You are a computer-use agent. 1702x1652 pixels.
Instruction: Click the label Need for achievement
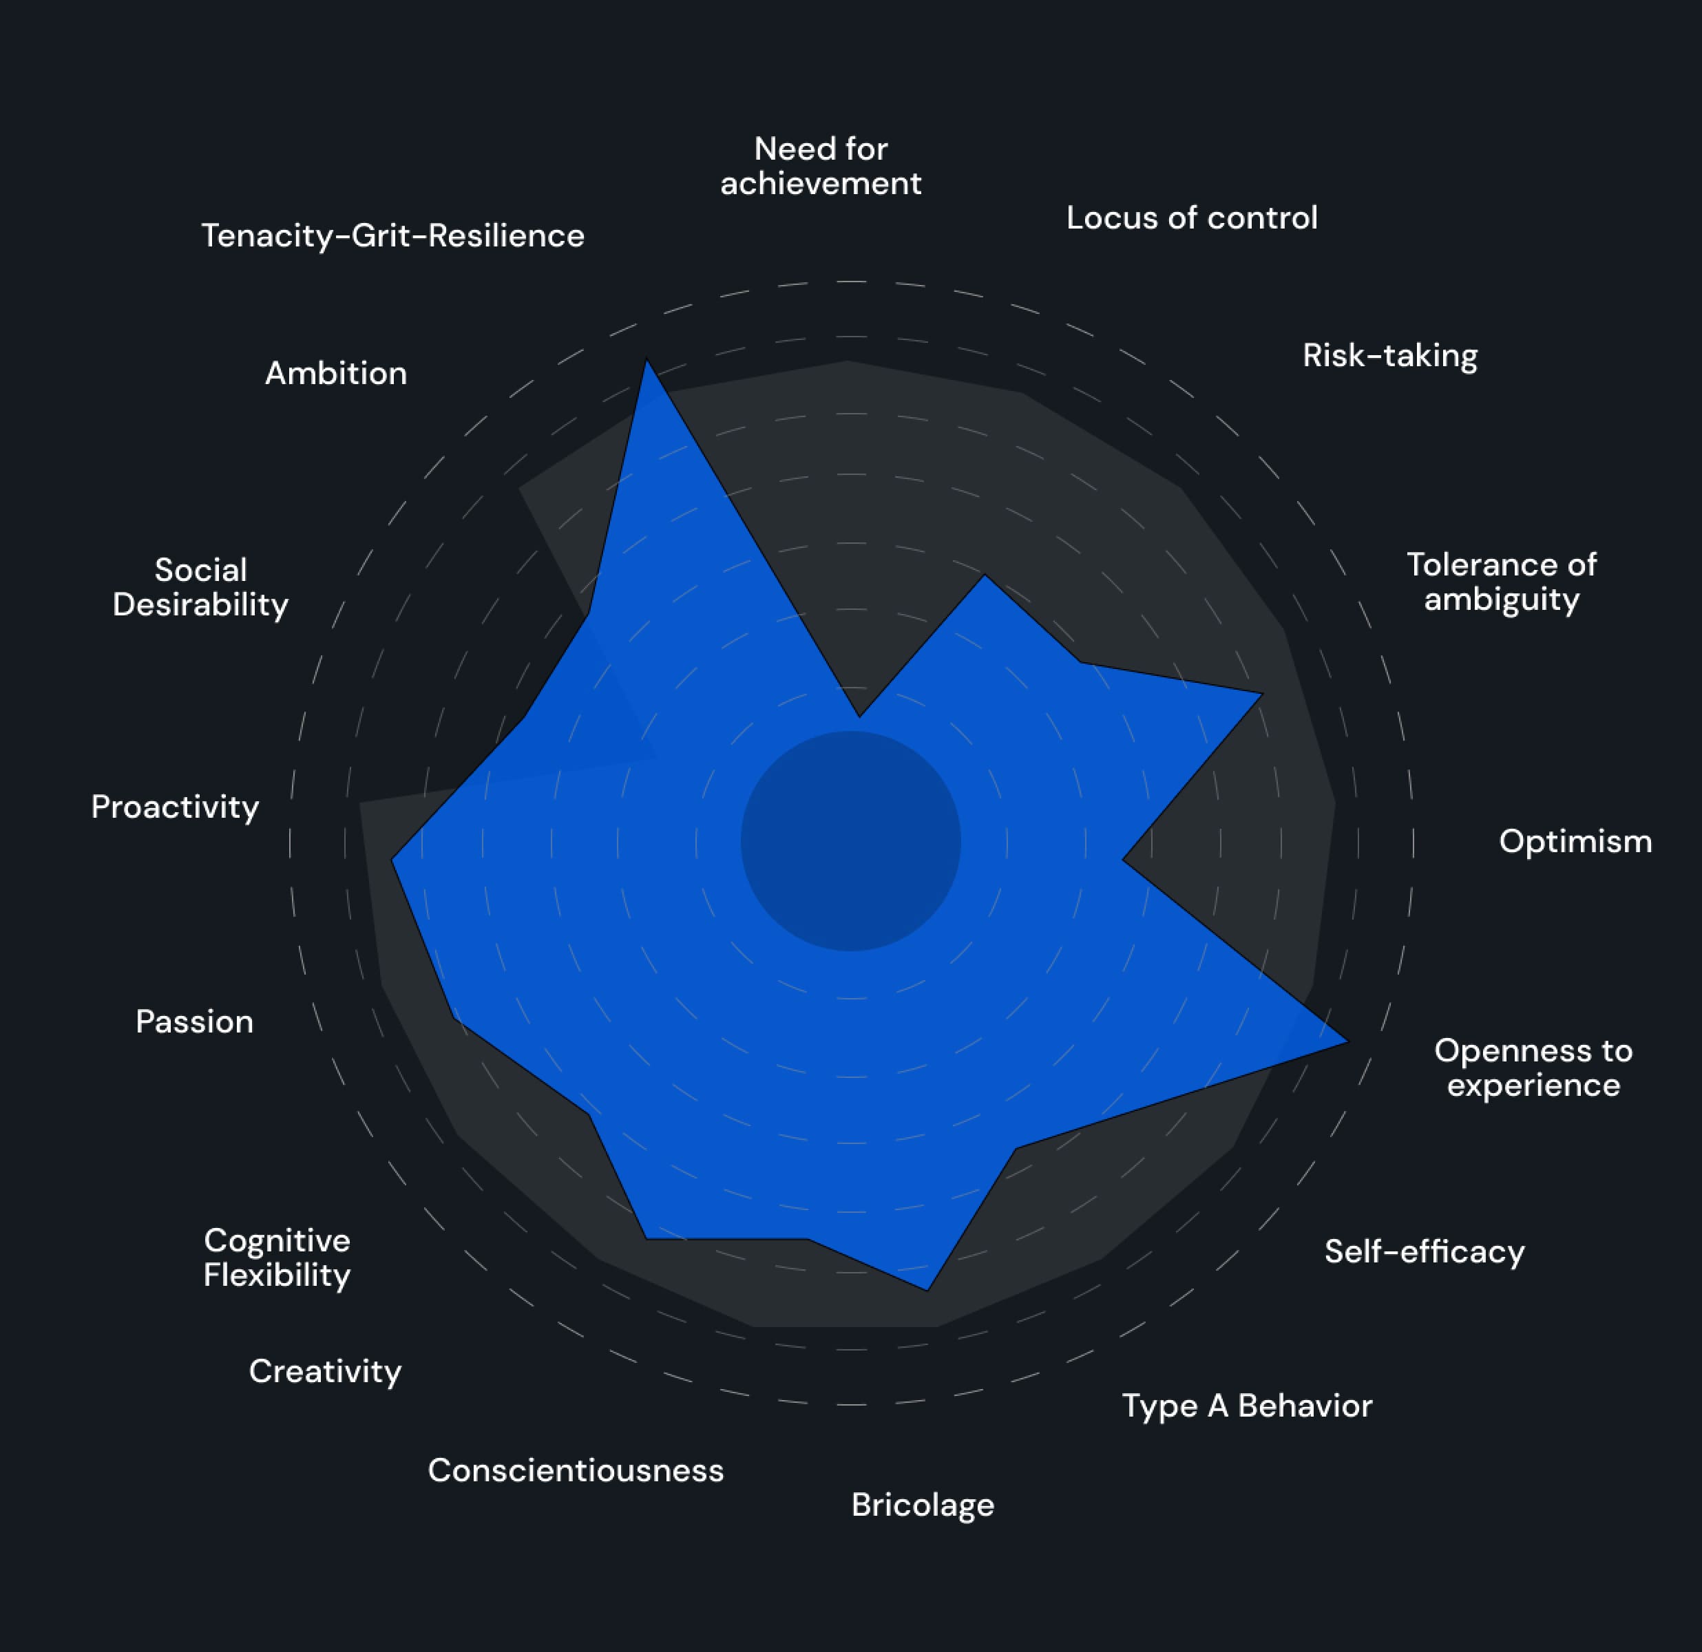coord(821,166)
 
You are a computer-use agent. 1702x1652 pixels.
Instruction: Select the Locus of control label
coord(1191,218)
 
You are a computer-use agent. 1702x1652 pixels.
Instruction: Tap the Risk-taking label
coord(1389,356)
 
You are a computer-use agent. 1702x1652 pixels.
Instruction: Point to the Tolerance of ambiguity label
coord(1502,582)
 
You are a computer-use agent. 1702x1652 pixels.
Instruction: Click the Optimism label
coord(1575,841)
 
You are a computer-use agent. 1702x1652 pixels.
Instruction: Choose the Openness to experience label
coord(1533,1068)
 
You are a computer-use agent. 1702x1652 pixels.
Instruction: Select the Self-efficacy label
coord(1424,1252)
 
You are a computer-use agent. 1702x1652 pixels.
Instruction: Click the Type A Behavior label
coord(1247,1406)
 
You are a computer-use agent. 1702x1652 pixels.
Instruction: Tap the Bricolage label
coord(922,1505)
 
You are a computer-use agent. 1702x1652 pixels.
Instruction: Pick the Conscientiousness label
coord(576,1470)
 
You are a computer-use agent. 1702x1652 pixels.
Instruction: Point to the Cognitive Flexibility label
coord(277,1258)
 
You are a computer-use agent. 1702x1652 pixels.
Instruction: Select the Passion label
coord(195,1021)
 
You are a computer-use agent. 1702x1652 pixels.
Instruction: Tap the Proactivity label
coord(176,807)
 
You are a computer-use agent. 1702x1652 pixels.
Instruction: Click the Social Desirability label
coord(200,588)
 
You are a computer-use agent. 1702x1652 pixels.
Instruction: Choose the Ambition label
coord(336,373)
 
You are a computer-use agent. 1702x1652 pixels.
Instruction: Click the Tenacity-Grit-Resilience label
coord(392,236)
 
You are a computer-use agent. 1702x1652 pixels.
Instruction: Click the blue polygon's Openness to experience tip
coord(1346,1041)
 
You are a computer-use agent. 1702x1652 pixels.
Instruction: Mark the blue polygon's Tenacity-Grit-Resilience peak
coord(646,362)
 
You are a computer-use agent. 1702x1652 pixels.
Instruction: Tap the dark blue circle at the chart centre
coord(850,841)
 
